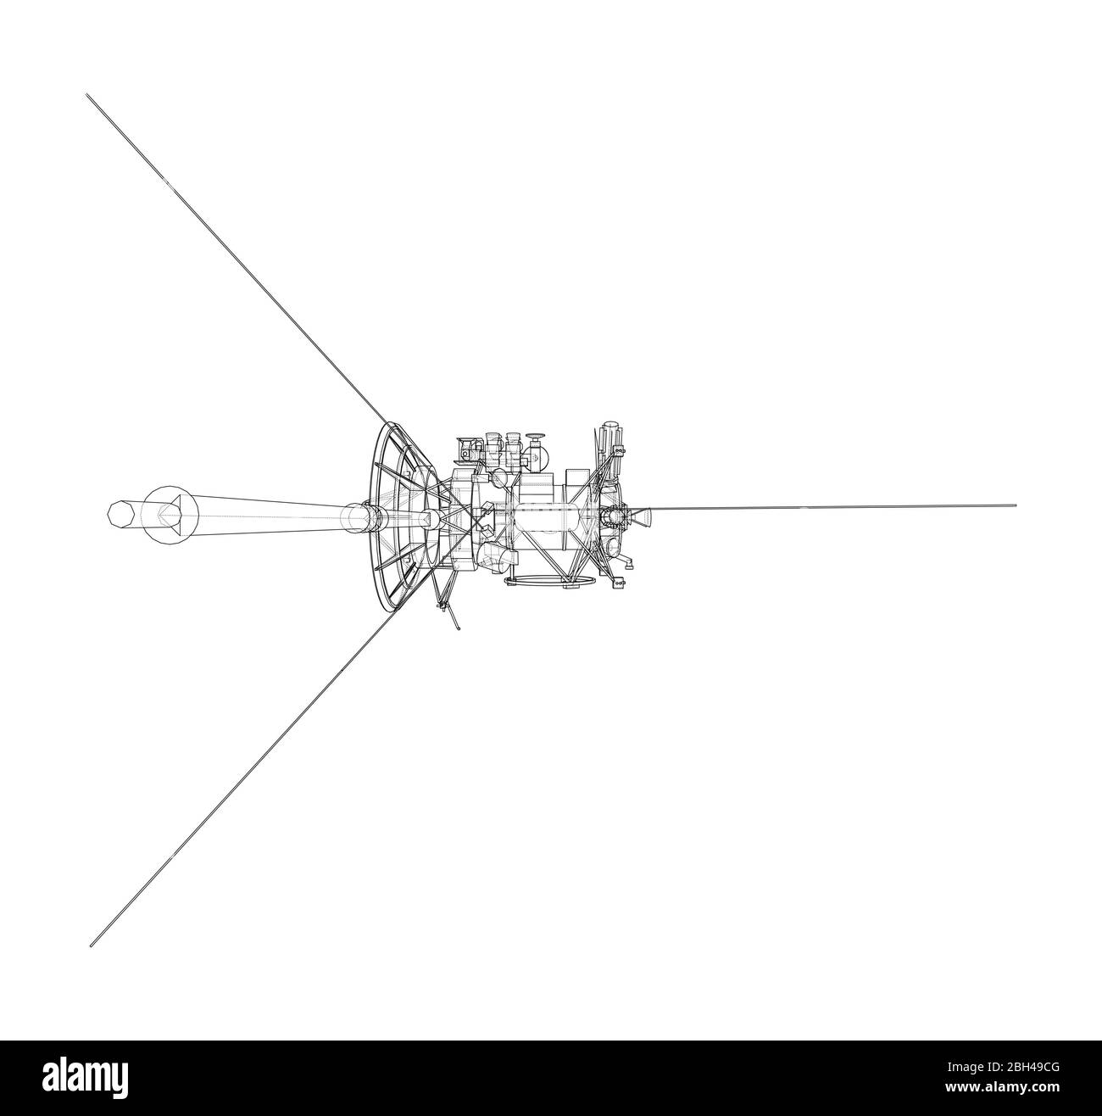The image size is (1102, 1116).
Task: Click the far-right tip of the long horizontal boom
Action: pyautogui.click(x=1014, y=505)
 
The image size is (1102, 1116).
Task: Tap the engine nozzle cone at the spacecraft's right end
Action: pyautogui.click(x=642, y=514)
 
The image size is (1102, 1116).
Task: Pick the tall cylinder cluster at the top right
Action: pyautogui.click(x=609, y=441)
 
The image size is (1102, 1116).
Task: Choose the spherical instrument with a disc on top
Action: pyautogui.click(x=534, y=454)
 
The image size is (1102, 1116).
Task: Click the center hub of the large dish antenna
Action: pyautogui.click(x=428, y=518)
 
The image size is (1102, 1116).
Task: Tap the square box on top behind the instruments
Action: pyautogui.click(x=577, y=481)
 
